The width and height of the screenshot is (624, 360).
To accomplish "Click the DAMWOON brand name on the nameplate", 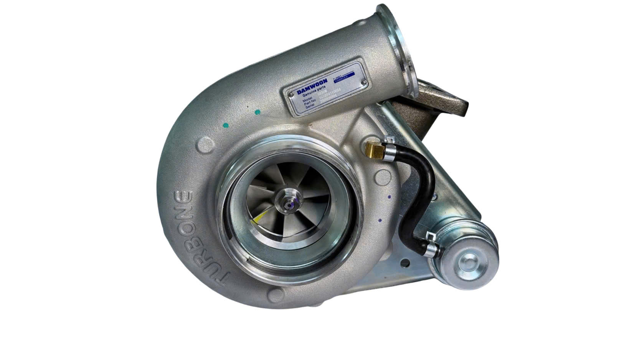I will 312,87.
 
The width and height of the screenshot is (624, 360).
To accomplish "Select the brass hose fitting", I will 375,150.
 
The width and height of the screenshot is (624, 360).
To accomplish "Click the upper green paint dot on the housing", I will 258,112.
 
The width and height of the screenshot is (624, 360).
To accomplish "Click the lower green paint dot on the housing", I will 226,125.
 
